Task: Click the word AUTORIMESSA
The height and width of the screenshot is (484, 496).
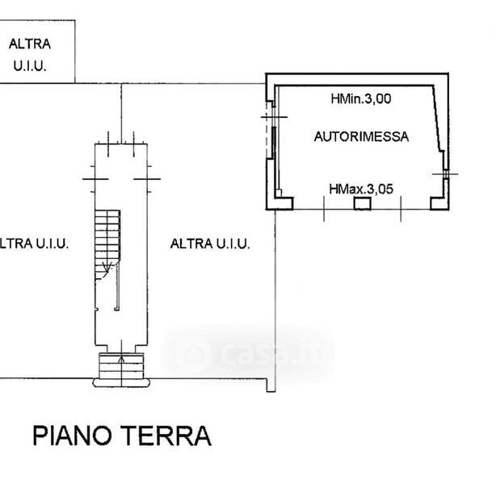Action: [x=361, y=137]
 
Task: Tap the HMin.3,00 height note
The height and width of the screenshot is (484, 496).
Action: [x=361, y=100]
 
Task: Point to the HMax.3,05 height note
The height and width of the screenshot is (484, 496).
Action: [x=361, y=189]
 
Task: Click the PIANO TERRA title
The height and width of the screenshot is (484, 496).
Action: [x=122, y=436]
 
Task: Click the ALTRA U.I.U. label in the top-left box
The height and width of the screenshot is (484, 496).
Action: [x=31, y=54]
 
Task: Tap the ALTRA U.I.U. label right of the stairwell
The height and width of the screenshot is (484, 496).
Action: [x=210, y=243]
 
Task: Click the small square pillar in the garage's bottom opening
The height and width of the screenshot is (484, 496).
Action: [x=362, y=203]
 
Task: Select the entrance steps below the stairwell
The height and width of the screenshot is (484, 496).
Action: [x=120, y=367]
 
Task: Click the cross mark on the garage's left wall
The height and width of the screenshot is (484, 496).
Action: [x=269, y=119]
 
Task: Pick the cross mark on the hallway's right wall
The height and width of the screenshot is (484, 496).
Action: [x=145, y=177]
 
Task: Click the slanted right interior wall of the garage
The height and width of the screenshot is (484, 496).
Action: [x=439, y=121]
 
